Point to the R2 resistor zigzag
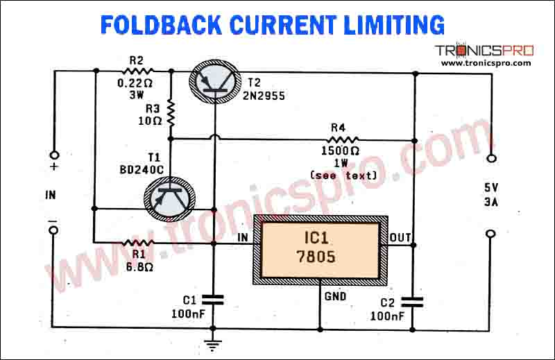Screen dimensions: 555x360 (x=138, y=71)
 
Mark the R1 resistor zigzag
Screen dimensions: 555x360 (x=137, y=242)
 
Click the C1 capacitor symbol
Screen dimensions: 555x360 (x=214, y=300)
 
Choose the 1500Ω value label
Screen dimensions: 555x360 (x=340, y=151)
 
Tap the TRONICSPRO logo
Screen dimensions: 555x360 (x=485, y=51)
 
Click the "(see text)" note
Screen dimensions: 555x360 (x=344, y=175)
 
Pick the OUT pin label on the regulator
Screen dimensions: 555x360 (x=400, y=238)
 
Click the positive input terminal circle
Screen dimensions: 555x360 (x=53, y=156)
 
